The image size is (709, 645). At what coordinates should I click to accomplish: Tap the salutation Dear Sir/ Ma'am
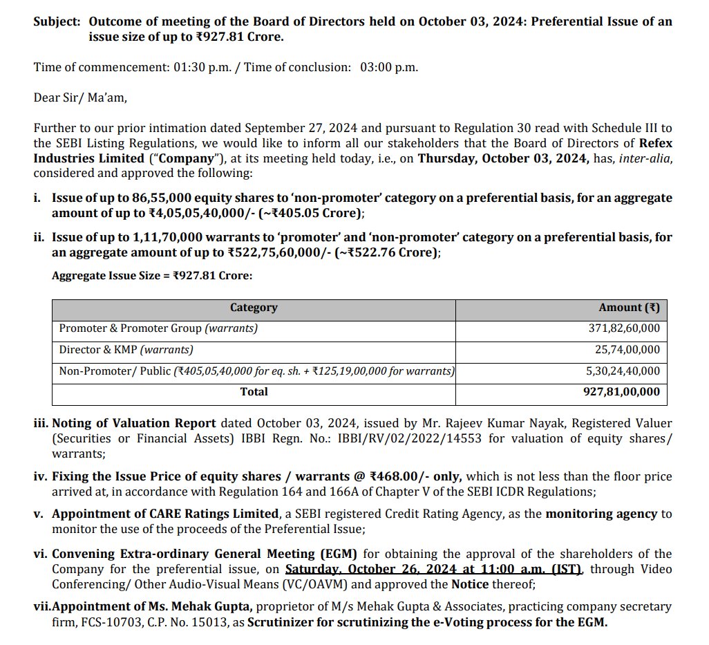tap(80, 97)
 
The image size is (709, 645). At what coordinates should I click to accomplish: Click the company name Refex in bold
tap(655, 143)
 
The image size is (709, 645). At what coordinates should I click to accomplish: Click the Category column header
tap(254, 308)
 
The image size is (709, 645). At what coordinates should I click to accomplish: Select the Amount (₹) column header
tap(628, 308)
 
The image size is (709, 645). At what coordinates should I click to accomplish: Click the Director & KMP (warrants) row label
tap(126, 350)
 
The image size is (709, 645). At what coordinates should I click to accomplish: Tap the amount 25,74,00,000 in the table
tap(626, 350)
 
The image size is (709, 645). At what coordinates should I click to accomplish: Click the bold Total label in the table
tap(254, 392)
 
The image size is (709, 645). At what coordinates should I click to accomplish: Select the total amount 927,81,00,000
tap(621, 392)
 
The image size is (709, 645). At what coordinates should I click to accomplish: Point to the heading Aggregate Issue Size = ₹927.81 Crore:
tap(152, 276)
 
